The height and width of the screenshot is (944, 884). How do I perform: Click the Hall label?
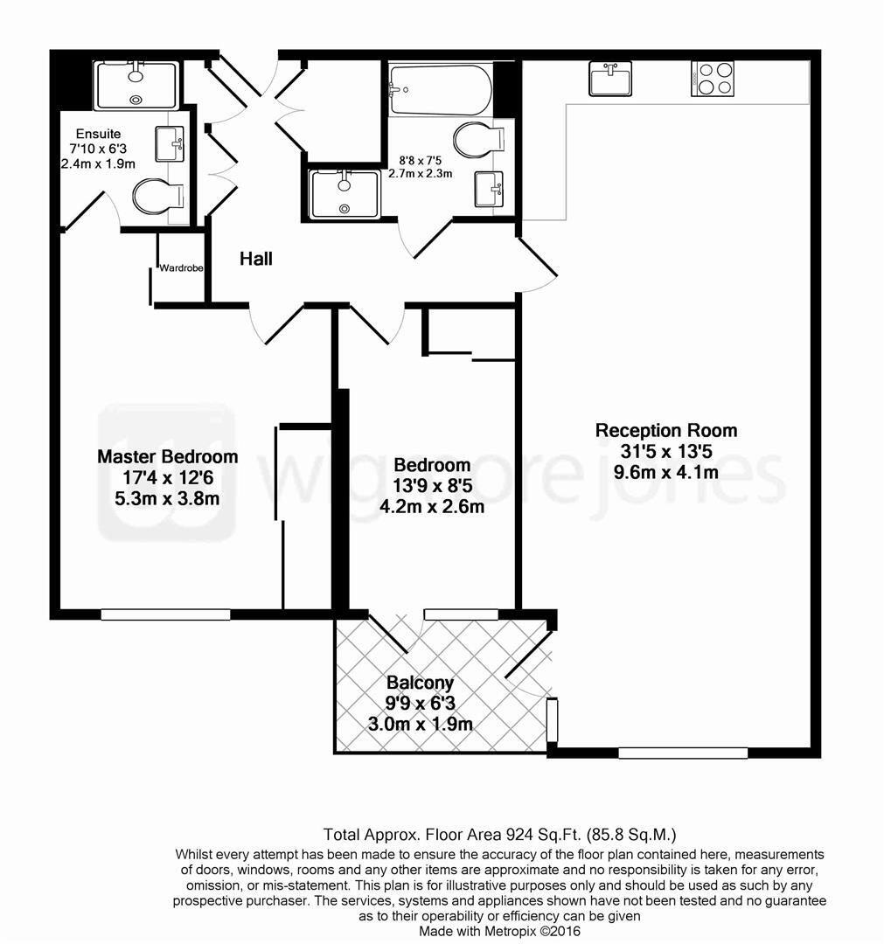(x=256, y=259)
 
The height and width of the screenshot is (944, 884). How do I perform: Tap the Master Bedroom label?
(x=167, y=456)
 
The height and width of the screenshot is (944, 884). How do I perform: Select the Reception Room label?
(x=665, y=430)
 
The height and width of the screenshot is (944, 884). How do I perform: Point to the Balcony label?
(x=421, y=683)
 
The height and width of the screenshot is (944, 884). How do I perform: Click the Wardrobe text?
(x=181, y=268)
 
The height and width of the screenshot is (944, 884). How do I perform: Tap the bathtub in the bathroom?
(x=440, y=89)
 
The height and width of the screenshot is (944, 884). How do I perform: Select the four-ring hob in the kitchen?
(x=712, y=78)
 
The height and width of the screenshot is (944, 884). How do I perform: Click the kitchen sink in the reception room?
(x=609, y=79)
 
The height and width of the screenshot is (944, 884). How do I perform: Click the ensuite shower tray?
(x=136, y=85)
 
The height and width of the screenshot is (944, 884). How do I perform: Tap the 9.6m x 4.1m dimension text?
(x=665, y=473)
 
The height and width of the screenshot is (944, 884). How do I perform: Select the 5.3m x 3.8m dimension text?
(x=167, y=499)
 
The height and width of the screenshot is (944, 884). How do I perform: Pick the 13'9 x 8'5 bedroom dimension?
(x=432, y=485)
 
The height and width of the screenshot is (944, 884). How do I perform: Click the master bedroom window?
(x=165, y=614)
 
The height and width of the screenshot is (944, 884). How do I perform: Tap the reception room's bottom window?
(x=683, y=753)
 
